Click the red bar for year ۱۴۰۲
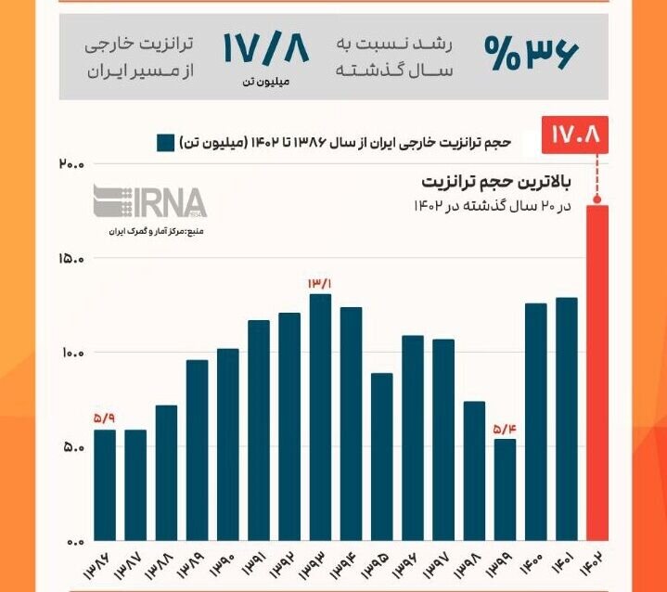tap(597, 371)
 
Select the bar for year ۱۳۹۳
tap(320, 418)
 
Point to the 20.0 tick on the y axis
tap(71, 164)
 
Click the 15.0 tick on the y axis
tap(71, 259)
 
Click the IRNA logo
tap(148, 201)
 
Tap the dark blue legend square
tap(166, 143)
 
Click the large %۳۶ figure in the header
tap(530, 54)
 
